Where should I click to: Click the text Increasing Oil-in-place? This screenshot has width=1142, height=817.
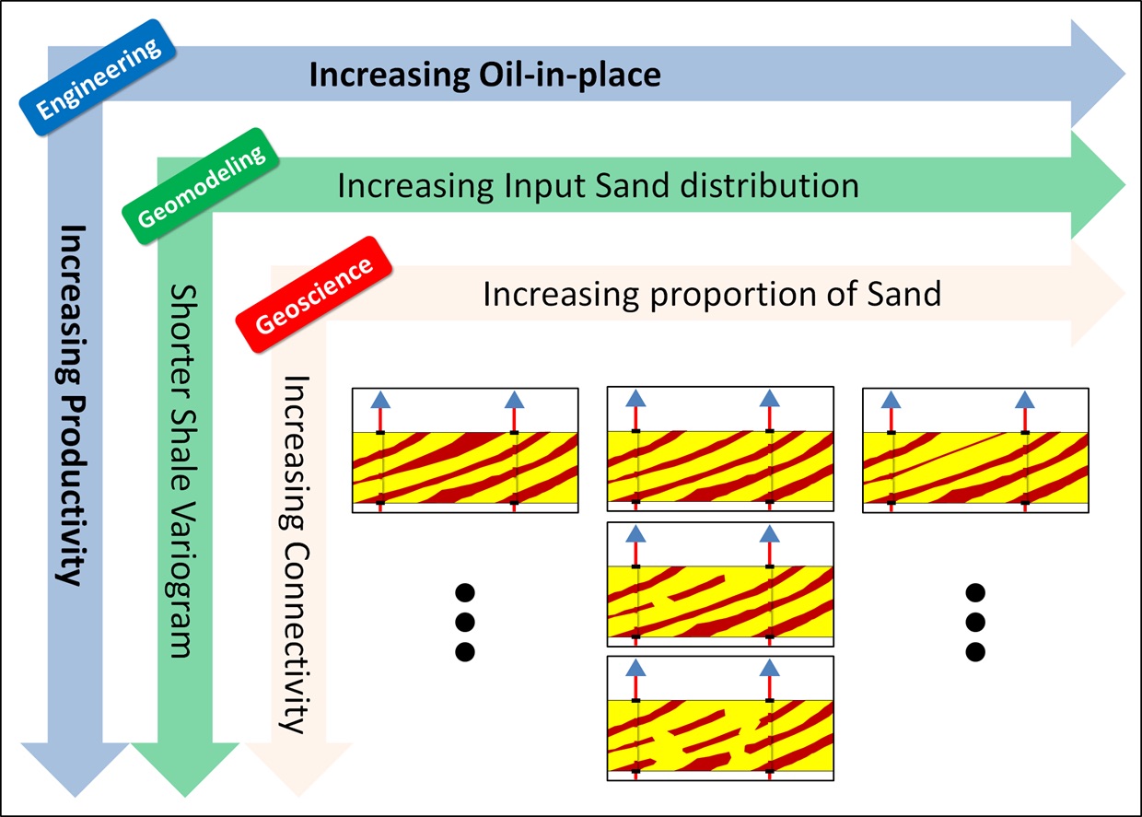pyautogui.click(x=484, y=74)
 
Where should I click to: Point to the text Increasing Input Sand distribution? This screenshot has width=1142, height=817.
pyautogui.click(x=598, y=185)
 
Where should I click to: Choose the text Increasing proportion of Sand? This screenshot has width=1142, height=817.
pyautogui.click(x=712, y=294)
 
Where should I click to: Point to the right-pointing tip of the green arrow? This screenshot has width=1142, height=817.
pyautogui.click(x=1122, y=185)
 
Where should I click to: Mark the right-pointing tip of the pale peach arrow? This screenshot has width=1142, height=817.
pyautogui.click(x=1122, y=294)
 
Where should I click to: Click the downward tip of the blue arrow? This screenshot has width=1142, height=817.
pyautogui.click(x=74, y=792)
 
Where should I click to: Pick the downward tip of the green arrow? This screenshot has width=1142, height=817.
pyautogui.click(x=185, y=792)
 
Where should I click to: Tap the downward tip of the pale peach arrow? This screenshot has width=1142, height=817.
pyautogui.click(x=299, y=792)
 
